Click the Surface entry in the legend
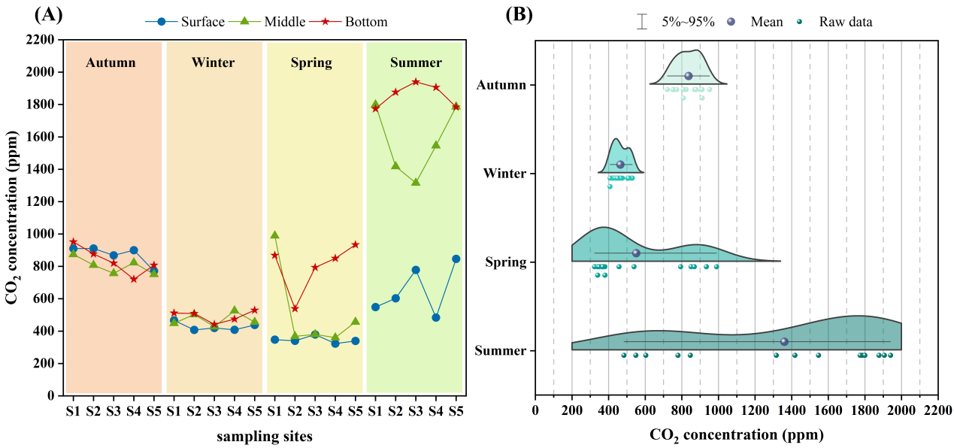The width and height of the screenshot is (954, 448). [202, 22]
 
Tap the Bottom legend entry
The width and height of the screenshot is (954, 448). [366, 22]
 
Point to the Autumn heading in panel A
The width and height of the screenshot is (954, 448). [111, 62]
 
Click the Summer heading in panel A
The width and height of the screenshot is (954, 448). [416, 62]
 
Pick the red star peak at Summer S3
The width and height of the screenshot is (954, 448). [416, 82]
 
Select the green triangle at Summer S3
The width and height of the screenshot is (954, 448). [416, 182]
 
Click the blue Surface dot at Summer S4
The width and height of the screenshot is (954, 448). [436, 317]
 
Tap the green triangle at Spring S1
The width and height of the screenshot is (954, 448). [274, 235]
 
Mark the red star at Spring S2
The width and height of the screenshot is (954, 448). [295, 308]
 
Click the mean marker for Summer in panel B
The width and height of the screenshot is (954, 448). [784, 341]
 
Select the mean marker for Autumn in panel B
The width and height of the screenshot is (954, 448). [689, 76]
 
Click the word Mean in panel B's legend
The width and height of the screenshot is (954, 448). [767, 23]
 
